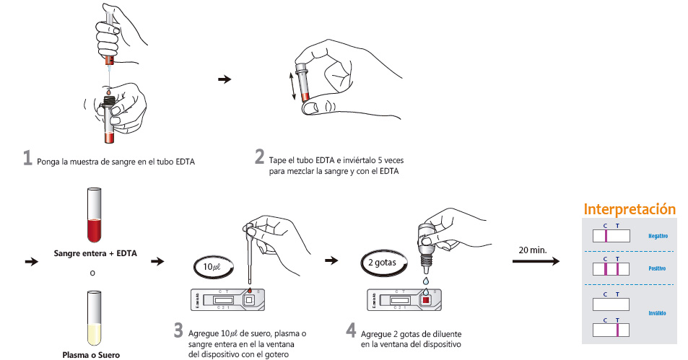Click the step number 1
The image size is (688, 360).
[x=27, y=157]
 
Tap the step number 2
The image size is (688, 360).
[x=259, y=157]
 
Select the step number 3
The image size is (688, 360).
[x=178, y=330]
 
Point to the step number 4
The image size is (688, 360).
[x=351, y=330]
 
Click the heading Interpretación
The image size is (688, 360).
[x=630, y=209]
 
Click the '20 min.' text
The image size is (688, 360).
[x=533, y=250]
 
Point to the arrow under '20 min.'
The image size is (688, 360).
[x=535, y=260]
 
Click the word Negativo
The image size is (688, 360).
[x=657, y=236]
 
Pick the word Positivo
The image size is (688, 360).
[x=657, y=269]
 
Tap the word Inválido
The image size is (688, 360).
[x=656, y=313]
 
